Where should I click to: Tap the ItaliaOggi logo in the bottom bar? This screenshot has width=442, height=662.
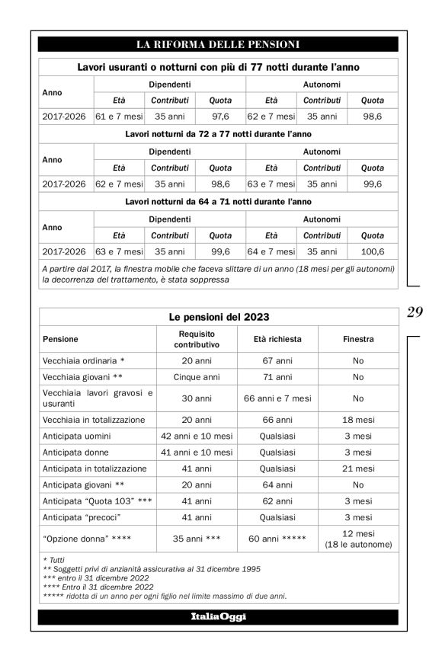point(218,616)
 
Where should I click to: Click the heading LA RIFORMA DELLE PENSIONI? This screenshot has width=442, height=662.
point(218,44)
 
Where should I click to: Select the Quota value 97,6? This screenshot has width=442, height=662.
point(220,117)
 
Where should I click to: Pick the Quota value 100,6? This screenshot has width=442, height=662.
point(372,251)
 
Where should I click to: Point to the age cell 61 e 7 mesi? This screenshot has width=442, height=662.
point(119,117)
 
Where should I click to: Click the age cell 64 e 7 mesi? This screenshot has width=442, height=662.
point(271,251)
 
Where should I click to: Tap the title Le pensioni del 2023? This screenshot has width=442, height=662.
point(218,316)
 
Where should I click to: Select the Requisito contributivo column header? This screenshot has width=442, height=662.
point(197,339)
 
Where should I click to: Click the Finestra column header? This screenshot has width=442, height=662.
point(358,339)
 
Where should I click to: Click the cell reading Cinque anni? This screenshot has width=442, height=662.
point(197,377)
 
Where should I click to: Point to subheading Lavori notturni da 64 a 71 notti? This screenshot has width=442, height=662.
point(218,201)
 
